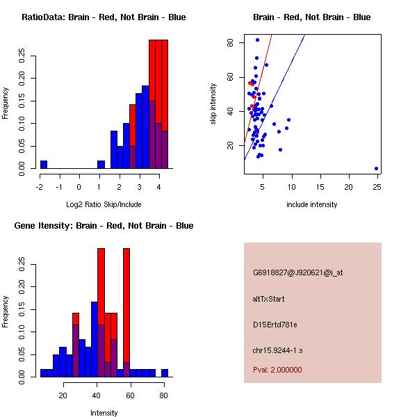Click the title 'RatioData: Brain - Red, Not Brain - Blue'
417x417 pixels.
[104, 17]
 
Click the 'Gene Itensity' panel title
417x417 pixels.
[104, 226]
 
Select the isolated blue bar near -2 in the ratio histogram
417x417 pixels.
[44, 165]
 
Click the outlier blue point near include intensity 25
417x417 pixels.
[376, 168]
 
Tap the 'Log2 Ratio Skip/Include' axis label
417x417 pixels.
[104, 204]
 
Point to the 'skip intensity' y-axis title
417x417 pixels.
[214, 104]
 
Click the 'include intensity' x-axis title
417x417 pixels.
[312, 204]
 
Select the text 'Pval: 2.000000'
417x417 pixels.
[277, 370]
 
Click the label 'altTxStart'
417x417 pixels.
[269, 299]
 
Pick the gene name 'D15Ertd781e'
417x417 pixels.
[275, 325]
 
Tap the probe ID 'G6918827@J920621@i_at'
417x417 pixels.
[298, 272]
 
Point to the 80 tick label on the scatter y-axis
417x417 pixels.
[230, 42]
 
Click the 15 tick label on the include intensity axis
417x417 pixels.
[320, 188]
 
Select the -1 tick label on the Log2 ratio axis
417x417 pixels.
[59, 188]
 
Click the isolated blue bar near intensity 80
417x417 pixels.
[165, 373]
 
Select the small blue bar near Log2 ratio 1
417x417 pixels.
[101, 165]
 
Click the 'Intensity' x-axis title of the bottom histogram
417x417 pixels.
[104, 413]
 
